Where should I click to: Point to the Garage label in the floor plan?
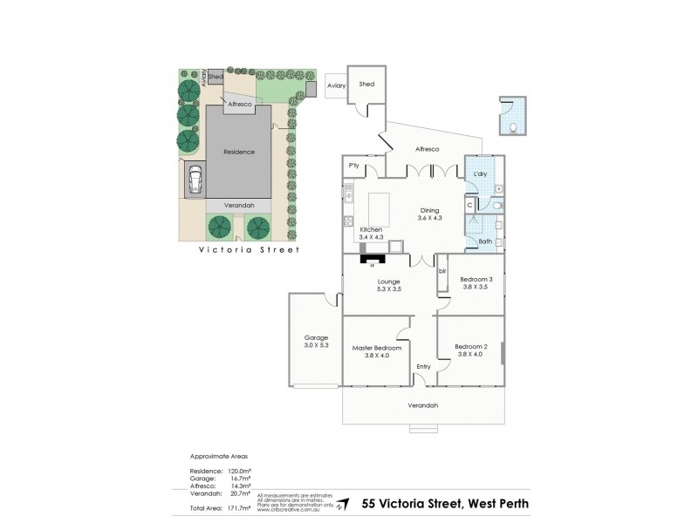click(315, 337)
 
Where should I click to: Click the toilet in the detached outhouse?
click(514, 128)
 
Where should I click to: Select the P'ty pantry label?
click(354, 166)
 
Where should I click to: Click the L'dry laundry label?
click(479, 174)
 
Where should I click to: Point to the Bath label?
click(485, 241)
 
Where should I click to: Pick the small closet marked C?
click(469, 205)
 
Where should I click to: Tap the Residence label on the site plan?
click(238, 152)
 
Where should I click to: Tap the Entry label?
click(423, 366)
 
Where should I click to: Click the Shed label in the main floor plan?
click(366, 85)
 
